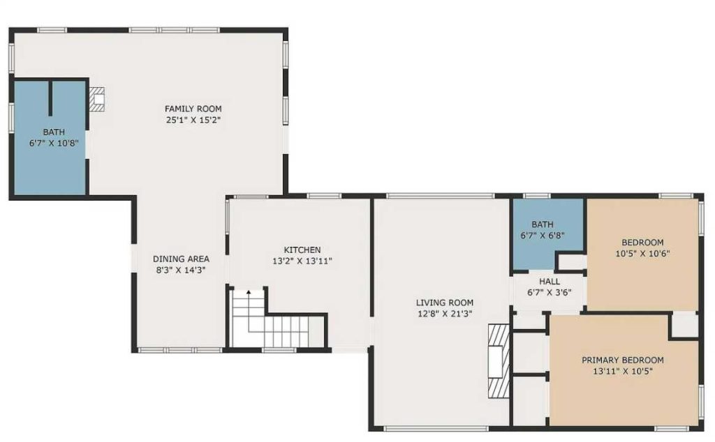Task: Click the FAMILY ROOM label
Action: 193,108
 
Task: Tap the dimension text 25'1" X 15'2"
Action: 193,120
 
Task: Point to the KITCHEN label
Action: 302,250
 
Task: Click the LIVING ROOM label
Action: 444,303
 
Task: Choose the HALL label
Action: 549,282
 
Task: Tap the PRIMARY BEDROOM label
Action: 622,360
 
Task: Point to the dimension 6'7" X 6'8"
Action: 542,236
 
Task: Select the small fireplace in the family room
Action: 98,99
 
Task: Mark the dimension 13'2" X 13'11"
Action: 302,261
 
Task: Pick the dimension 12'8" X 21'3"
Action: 444,314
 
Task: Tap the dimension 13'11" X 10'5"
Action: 622,372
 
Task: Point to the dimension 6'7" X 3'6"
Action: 549,293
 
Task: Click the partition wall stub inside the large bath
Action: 50,99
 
